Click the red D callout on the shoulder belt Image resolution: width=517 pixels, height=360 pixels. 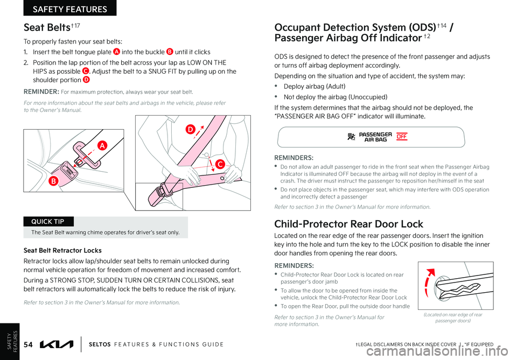[190, 129]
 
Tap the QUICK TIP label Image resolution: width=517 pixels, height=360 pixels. [48, 221]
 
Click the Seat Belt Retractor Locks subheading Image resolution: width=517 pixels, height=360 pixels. [62, 250]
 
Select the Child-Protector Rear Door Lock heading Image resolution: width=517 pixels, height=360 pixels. [348, 224]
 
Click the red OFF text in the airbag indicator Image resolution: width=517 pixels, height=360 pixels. [402, 137]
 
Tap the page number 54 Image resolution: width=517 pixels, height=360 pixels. [31, 344]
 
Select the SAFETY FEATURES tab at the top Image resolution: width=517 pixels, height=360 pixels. [69, 8]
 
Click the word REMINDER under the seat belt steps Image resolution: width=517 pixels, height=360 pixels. [40, 91]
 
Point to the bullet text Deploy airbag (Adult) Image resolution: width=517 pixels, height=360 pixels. [315, 86]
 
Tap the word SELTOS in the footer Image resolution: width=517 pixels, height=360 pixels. [100, 344]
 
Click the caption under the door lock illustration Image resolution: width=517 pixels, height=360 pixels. [455, 317]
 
